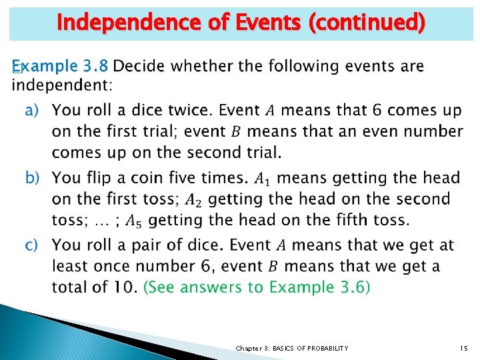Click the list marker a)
(33, 109)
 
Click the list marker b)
(33, 178)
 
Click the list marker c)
(33, 245)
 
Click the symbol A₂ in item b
(193, 199)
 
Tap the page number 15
(463, 348)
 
